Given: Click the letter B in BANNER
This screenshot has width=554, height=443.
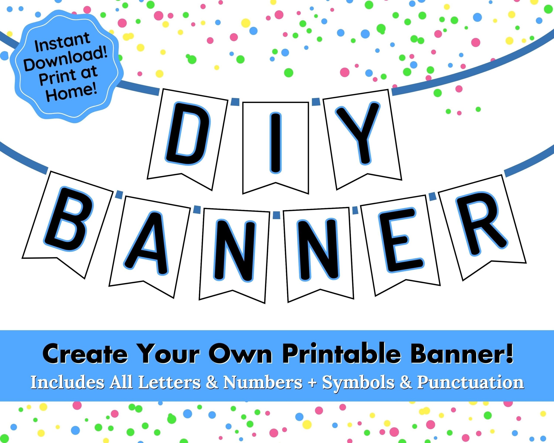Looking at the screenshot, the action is (x=70, y=218).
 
